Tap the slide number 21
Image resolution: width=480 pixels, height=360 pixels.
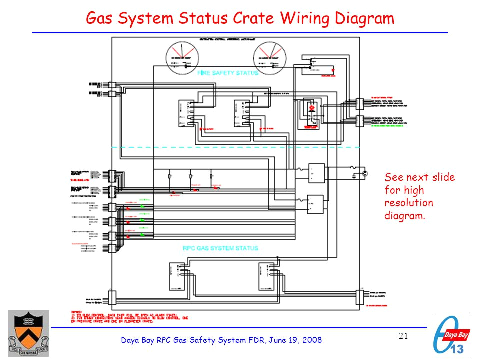404,336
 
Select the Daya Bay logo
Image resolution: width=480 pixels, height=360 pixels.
451,334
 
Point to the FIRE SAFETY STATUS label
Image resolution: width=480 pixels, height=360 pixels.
228,73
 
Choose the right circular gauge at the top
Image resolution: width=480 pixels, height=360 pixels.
268,56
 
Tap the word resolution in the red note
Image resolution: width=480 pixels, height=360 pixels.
409,203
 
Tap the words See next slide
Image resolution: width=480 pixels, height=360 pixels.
419,177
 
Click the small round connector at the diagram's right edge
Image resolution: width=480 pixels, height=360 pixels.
365,173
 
